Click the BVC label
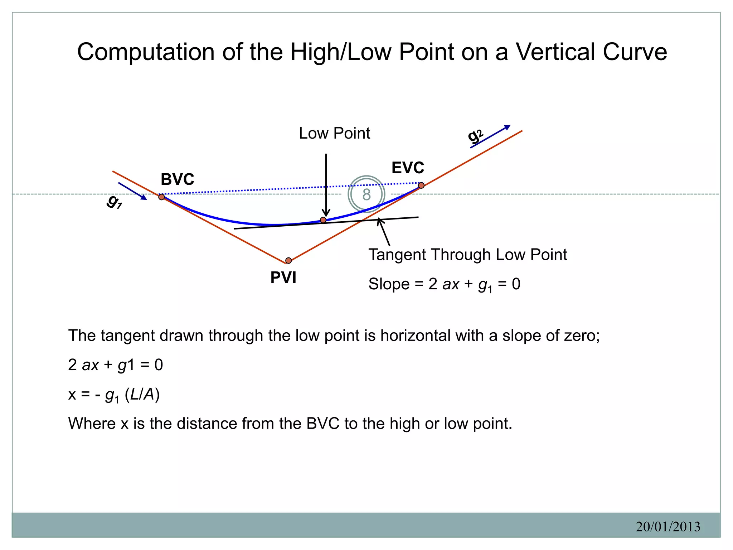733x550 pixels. [x=177, y=179]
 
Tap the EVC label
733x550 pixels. [x=408, y=168]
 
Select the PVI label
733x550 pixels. [x=283, y=278]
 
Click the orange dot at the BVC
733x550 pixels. [x=161, y=197]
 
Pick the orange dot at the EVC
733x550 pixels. [x=421, y=185]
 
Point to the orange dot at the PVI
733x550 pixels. [x=288, y=260]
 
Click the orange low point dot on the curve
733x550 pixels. [x=323, y=220]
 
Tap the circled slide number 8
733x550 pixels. [x=366, y=194]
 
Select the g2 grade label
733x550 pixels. [x=475, y=136]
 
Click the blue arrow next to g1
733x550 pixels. [x=132, y=191]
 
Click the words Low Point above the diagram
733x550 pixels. [x=334, y=133]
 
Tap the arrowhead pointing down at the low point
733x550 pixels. [x=326, y=213]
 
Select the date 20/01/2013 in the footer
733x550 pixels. [x=668, y=526]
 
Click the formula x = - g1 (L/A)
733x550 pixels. [x=114, y=395]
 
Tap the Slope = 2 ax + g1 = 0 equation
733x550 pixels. [x=444, y=284]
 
